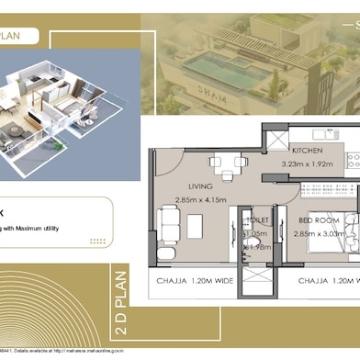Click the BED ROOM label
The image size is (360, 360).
pyautogui.click(x=317, y=222)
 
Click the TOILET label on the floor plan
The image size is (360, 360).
pyautogui.click(x=258, y=220)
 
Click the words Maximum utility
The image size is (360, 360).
pyautogui.click(x=42, y=227)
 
